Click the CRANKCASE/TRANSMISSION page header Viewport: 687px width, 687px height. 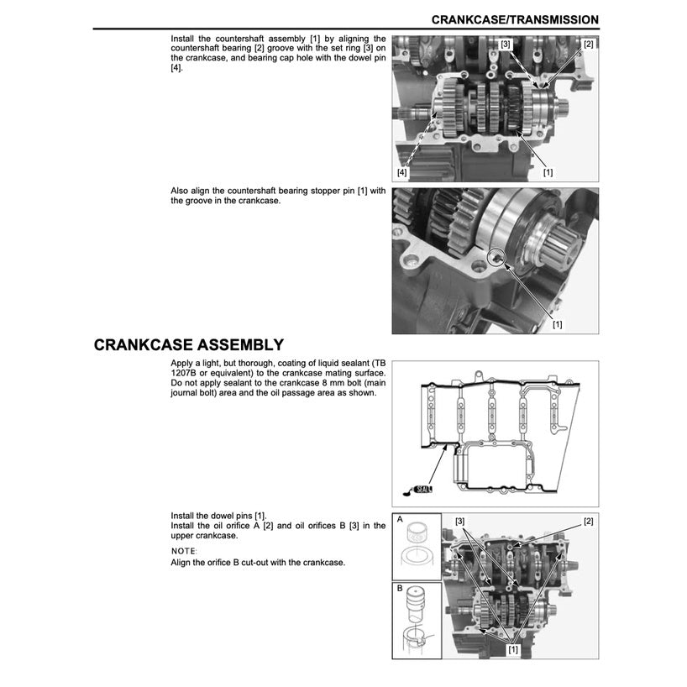click(x=515, y=19)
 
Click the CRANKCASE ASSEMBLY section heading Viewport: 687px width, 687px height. click(x=188, y=345)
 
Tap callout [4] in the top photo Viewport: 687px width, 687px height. click(x=402, y=171)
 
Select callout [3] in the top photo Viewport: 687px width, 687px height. click(x=505, y=43)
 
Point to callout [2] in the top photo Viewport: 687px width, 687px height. click(x=588, y=44)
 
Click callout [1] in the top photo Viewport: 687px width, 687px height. click(x=548, y=171)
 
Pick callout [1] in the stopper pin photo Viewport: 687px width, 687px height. click(x=557, y=323)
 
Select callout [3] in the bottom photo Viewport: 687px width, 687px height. click(x=460, y=521)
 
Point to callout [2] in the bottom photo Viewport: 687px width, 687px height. click(x=588, y=521)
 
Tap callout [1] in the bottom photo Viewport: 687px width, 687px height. click(x=511, y=649)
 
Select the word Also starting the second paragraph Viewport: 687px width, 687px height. click(x=181, y=191)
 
